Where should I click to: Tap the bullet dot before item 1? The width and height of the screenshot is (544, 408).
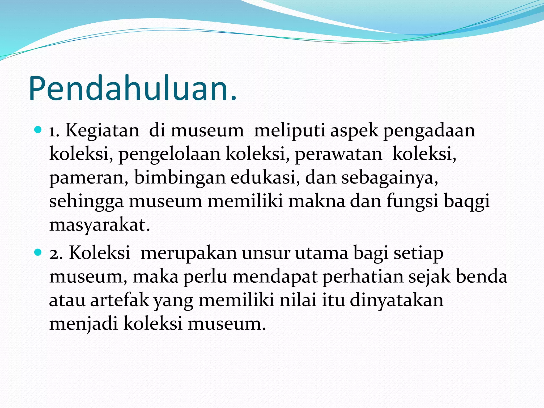(x=38, y=130)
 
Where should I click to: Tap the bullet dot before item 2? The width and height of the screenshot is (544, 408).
(x=38, y=252)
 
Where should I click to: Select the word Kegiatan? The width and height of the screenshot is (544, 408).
(x=102, y=131)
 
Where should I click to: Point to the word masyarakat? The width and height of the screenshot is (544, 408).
(x=100, y=225)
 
